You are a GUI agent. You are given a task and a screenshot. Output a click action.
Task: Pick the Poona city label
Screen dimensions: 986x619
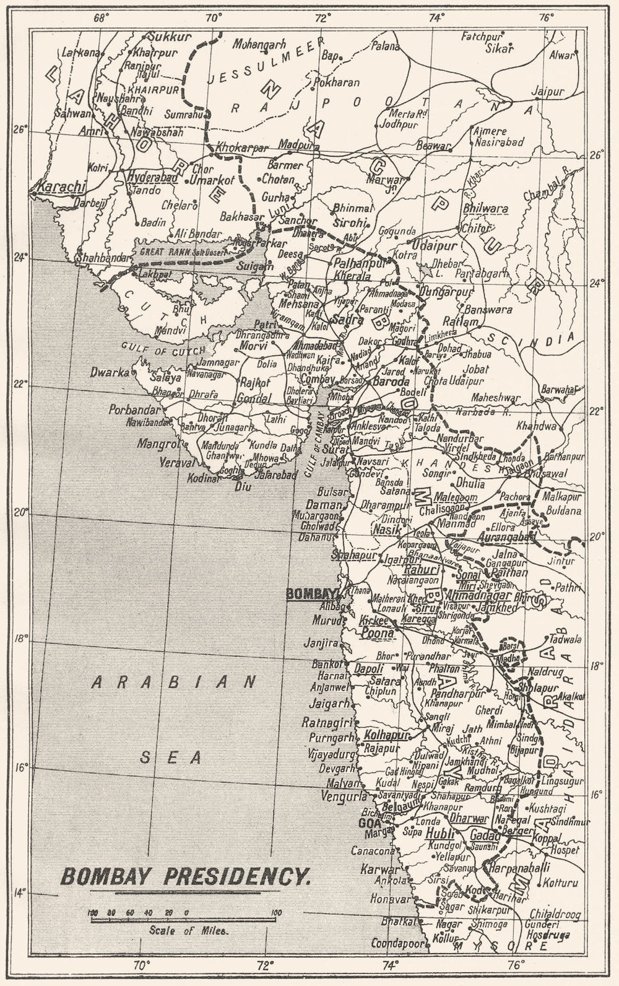376,634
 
